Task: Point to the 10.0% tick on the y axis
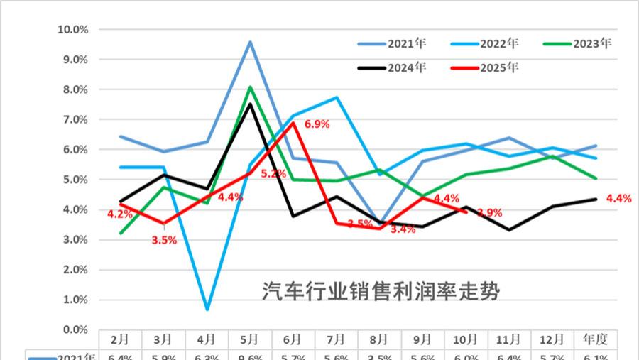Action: click(x=72, y=30)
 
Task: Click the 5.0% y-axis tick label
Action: click(x=75, y=180)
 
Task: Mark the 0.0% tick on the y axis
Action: click(x=75, y=329)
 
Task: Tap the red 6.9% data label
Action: click(x=317, y=124)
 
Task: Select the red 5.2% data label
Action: click(x=273, y=173)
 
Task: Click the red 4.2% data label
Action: click(x=120, y=214)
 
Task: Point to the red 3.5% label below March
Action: click(x=164, y=240)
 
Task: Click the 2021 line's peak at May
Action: click(x=251, y=42)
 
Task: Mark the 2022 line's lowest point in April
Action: click(x=207, y=310)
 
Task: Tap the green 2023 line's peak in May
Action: click(x=251, y=87)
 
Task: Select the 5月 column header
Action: click(x=250, y=339)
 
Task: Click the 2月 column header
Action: click(x=120, y=339)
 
